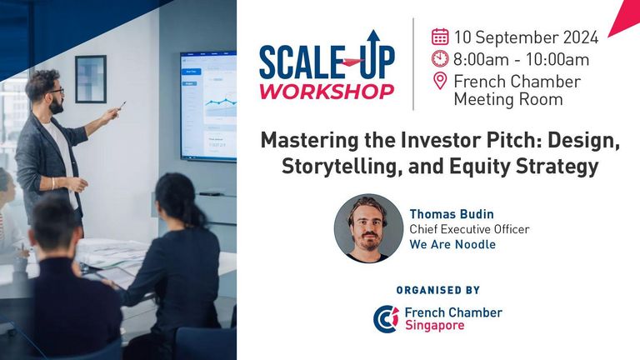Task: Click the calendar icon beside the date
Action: click(440, 37)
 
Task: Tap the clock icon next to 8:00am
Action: click(440, 59)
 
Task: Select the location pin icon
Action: click(440, 81)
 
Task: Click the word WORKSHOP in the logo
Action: click(327, 92)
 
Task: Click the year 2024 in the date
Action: click(581, 37)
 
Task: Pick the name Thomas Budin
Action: click(452, 214)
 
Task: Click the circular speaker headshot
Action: click(368, 228)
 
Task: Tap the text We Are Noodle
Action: click(452, 244)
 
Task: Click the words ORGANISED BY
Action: click(438, 290)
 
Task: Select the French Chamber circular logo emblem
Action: click(386, 319)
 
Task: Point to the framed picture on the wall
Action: click(91, 79)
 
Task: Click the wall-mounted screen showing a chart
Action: click(208, 107)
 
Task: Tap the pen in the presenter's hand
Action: click(122, 106)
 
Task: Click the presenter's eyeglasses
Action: click(57, 92)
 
